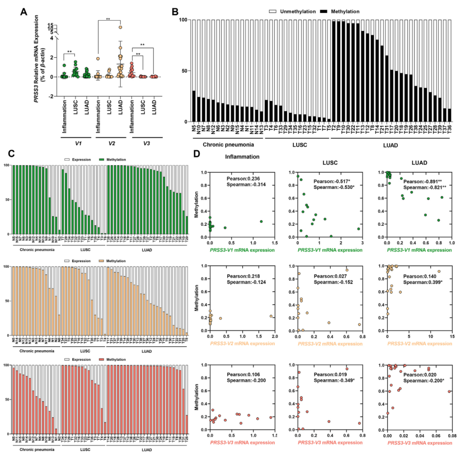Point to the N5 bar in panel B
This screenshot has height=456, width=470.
[194, 106]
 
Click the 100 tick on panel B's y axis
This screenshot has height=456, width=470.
[183, 20]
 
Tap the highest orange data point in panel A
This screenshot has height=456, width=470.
[120, 26]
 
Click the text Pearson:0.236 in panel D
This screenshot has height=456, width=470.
[241, 179]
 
